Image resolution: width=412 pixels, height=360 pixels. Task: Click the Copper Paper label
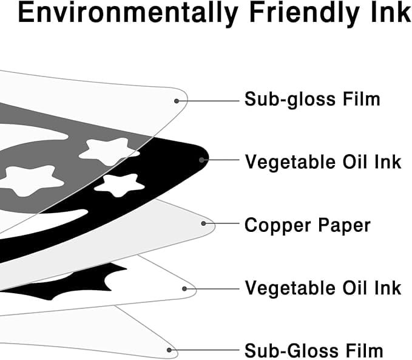pyautogui.click(x=307, y=225)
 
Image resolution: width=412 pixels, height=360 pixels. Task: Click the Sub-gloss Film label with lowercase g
pyautogui.click(x=312, y=99)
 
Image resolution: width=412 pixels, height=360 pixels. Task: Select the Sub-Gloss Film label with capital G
pyautogui.click(x=314, y=350)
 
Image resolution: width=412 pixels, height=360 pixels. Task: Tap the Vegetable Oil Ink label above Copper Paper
pyautogui.click(x=323, y=162)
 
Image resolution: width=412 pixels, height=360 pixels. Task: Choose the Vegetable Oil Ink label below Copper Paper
pyautogui.click(x=323, y=287)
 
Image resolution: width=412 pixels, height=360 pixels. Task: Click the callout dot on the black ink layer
pyautogui.click(x=202, y=160)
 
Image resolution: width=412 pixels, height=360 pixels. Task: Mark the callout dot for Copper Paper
pyautogui.click(x=204, y=223)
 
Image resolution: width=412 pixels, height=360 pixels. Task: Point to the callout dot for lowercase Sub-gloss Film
pyautogui.click(x=177, y=100)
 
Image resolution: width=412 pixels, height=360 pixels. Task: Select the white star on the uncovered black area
pyautogui.click(x=120, y=185)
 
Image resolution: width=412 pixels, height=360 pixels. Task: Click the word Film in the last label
pyautogui.click(x=365, y=350)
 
